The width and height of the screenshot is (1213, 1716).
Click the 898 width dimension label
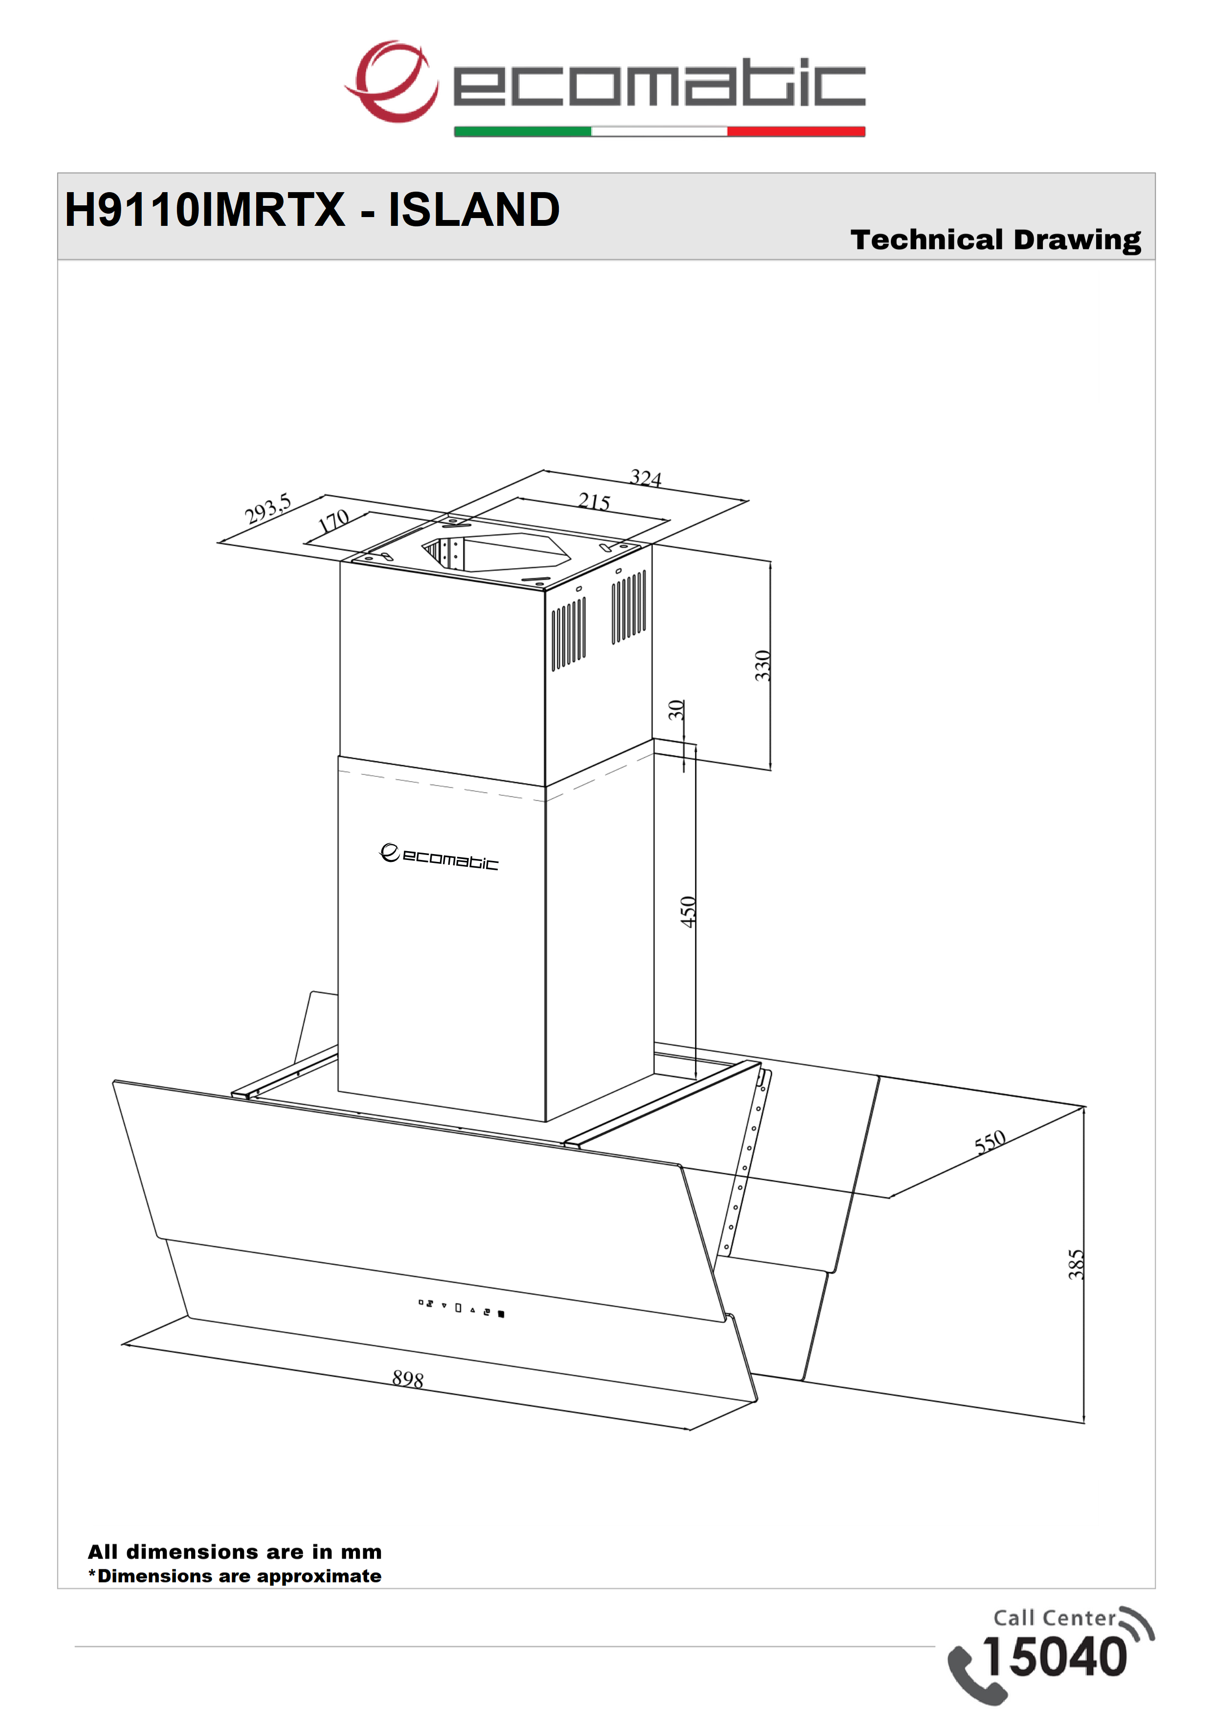point(408,1379)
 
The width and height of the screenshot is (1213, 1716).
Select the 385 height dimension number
point(1076,1265)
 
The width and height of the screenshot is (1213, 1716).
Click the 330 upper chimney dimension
point(762,666)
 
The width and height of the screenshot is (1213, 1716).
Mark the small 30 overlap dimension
point(676,709)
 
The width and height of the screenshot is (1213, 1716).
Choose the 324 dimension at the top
point(646,478)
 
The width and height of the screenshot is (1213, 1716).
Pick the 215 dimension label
point(594,502)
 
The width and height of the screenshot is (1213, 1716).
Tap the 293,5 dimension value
point(267,509)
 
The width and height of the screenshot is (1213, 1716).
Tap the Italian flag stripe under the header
point(659,132)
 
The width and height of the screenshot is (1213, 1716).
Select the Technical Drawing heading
point(995,240)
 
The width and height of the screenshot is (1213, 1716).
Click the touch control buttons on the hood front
point(461,1308)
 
